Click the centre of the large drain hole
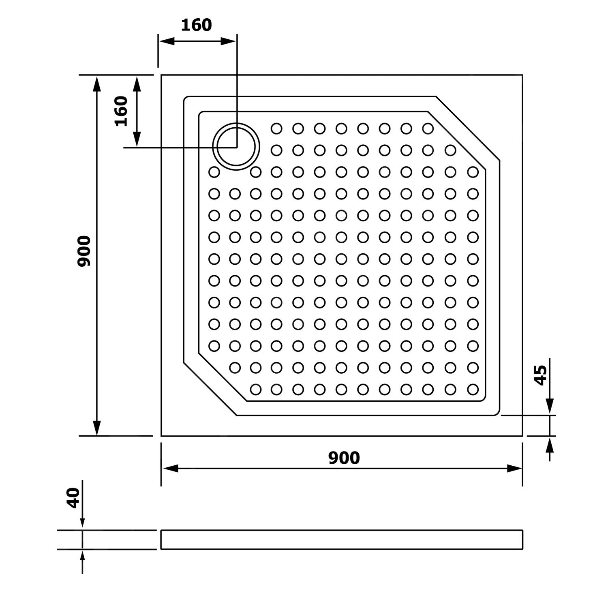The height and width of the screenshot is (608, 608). coord(236,147)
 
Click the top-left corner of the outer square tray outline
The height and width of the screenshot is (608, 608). coord(161,75)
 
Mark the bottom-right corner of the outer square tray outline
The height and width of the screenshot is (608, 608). coord(522,436)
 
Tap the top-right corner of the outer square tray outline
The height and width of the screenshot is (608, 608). coord(522,75)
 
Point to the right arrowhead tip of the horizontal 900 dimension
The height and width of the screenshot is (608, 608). coord(522,469)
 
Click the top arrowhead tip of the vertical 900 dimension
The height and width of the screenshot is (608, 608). coord(96,76)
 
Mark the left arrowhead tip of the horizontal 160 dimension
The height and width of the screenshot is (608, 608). coord(159,41)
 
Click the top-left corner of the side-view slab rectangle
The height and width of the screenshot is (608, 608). coord(161,530)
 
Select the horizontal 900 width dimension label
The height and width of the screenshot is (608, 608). coord(344,458)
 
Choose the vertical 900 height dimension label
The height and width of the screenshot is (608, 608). coord(84,251)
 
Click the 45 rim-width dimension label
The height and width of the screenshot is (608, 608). coord(540,375)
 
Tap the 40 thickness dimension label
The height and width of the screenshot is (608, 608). coord(73,498)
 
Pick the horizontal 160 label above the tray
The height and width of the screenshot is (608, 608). coord(196,25)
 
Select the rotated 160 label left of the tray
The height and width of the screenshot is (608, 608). coord(121,111)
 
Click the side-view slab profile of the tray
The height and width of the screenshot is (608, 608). coord(342,539)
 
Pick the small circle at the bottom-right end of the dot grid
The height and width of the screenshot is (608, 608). coord(473,390)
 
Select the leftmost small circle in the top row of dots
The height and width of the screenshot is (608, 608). coord(276,128)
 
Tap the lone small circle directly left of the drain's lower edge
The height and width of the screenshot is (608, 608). coord(214,172)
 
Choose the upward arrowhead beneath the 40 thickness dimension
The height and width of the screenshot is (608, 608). coord(82,557)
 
